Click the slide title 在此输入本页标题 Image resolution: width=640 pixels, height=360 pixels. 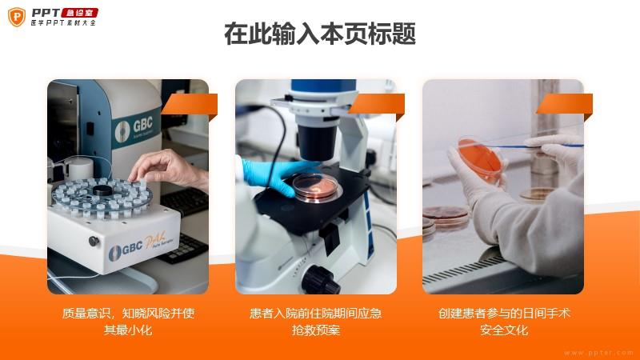tap(320, 34)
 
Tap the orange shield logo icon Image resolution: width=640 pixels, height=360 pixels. tap(17, 17)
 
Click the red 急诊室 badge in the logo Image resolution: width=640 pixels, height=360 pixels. tap(79, 13)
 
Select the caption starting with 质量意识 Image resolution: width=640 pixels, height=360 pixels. tap(128, 322)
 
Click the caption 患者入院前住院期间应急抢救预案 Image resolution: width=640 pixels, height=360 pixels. tap(315, 322)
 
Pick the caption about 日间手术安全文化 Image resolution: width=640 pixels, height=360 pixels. tap(504, 322)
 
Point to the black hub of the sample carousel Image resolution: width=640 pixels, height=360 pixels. tap(102, 190)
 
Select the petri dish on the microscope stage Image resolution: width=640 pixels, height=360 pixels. tap(315, 187)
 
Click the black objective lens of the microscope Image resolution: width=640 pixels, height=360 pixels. tap(316, 142)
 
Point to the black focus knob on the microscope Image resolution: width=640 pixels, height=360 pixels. tap(321, 280)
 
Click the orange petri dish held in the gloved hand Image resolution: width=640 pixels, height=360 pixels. tap(482, 158)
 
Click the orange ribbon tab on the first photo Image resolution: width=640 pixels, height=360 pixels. tap(190, 106)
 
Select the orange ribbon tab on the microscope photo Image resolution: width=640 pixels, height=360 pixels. tap(377, 106)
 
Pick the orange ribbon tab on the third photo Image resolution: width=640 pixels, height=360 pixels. tap(565, 106)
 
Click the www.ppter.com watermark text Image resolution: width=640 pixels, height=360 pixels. tap(598, 352)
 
